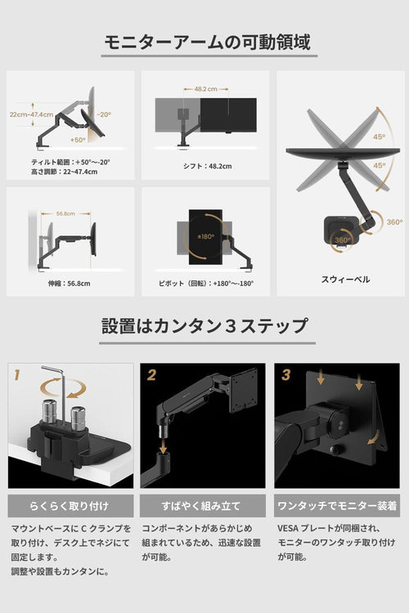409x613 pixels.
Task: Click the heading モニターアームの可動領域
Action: coord(207,43)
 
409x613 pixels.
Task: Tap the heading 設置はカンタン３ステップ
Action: coord(204,325)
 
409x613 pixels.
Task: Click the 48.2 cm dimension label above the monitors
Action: coord(206,89)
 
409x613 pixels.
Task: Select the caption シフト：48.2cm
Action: coord(208,166)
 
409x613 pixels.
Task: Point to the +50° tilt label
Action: coord(78,140)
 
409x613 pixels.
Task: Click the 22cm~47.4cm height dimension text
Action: coord(31,114)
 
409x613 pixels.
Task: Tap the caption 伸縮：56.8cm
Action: coord(70,284)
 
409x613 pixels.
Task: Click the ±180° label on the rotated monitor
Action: coord(205,236)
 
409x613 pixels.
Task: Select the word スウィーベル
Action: coord(345,280)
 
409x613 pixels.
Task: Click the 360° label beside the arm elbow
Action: coord(394,222)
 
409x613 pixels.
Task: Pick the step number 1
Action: coord(16,375)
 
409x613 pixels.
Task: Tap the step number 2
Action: coord(151,375)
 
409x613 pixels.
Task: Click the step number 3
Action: coord(286,375)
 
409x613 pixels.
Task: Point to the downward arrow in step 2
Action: coord(163,445)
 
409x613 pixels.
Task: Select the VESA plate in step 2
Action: coord(244,391)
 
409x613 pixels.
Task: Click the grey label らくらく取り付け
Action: coord(70,506)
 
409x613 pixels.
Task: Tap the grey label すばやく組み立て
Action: coord(202,506)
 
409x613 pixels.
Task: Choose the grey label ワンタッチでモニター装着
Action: coord(337,506)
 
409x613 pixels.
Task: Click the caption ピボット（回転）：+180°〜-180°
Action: coord(206,284)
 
